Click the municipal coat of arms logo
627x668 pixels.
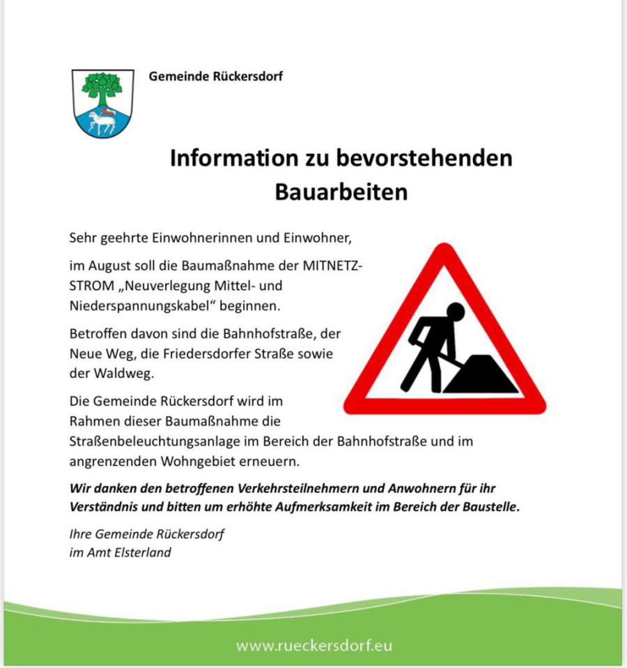[103, 103]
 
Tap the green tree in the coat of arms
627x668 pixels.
[102, 86]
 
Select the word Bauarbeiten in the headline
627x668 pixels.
[341, 191]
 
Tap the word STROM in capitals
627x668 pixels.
[90, 286]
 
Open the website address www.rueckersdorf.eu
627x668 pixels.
[313, 646]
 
